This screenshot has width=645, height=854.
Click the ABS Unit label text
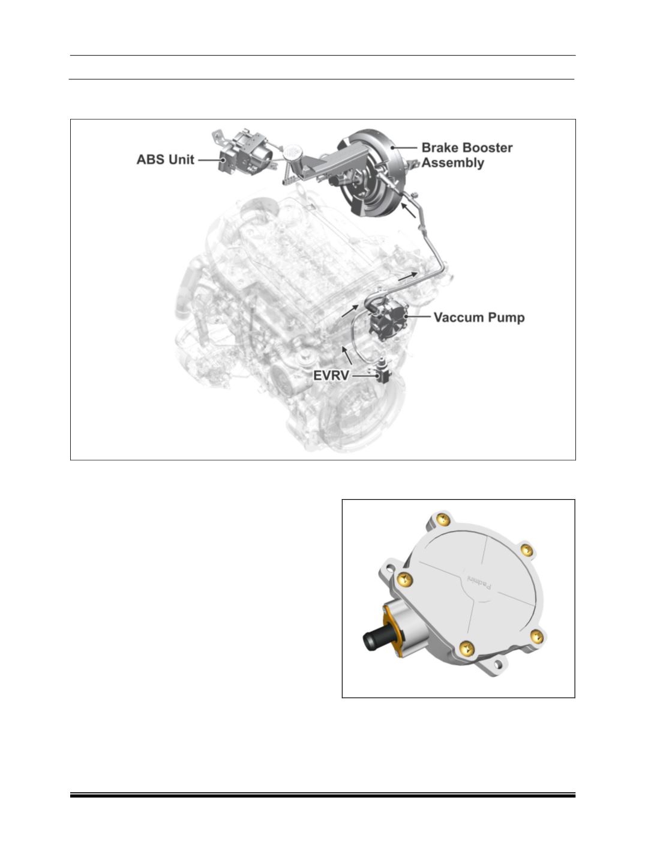click(x=165, y=160)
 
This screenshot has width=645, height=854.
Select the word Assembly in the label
click(x=452, y=163)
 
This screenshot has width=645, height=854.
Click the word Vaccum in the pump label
click(x=455, y=318)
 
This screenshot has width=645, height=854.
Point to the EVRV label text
click(x=331, y=376)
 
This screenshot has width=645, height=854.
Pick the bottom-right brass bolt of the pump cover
click(x=536, y=637)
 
